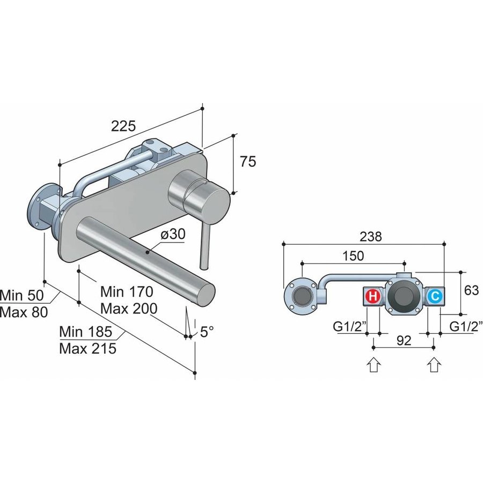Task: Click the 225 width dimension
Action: click(x=123, y=126)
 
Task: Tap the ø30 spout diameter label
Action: click(x=173, y=235)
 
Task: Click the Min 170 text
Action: click(x=127, y=292)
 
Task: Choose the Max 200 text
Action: click(x=129, y=309)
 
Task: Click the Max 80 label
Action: click(x=24, y=312)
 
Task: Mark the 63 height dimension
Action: click(x=471, y=291)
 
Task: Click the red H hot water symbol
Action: click(x=372, y=296)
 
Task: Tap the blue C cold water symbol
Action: click(x=435, y=296)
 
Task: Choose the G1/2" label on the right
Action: click(x=465, y=325)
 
